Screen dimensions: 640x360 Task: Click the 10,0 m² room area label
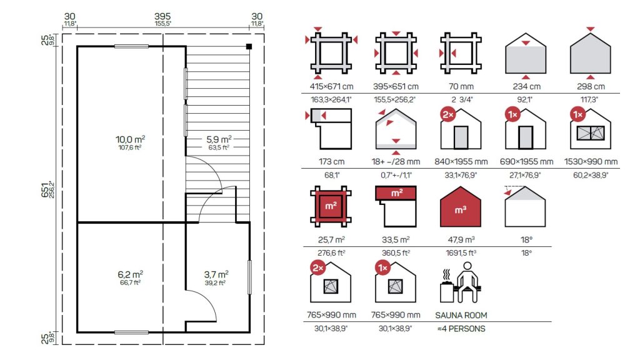pos(130,139)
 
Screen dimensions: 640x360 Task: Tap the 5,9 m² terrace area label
pos(219,139)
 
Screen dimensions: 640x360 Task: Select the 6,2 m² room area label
pos(130,274)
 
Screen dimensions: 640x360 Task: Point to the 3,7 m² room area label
pos(216,274)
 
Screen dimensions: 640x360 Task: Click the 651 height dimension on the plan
pos(45,190)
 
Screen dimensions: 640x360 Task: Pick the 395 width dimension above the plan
pos(162,16)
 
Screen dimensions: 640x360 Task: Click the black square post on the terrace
pos(249,46)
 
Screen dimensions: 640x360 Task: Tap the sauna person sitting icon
pos(461,282)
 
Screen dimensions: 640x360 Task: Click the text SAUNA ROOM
pos(461,315)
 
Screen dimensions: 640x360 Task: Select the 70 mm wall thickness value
pos(461,86)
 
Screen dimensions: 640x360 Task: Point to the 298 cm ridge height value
pos(591,86)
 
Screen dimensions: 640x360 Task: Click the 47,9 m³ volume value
pos(461,239)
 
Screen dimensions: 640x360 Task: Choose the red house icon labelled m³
pos(461,207)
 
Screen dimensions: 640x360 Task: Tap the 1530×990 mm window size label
pos(591,162)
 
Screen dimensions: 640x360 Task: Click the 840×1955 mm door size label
pos(461,162)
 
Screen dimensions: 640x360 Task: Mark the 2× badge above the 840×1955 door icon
pos(448,115)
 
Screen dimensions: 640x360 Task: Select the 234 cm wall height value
pos(526,86)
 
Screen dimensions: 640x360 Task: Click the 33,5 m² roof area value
pos(396,239)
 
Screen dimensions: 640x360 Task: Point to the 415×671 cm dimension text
pos(331,86)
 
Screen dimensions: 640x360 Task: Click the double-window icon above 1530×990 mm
pos(591,133)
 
